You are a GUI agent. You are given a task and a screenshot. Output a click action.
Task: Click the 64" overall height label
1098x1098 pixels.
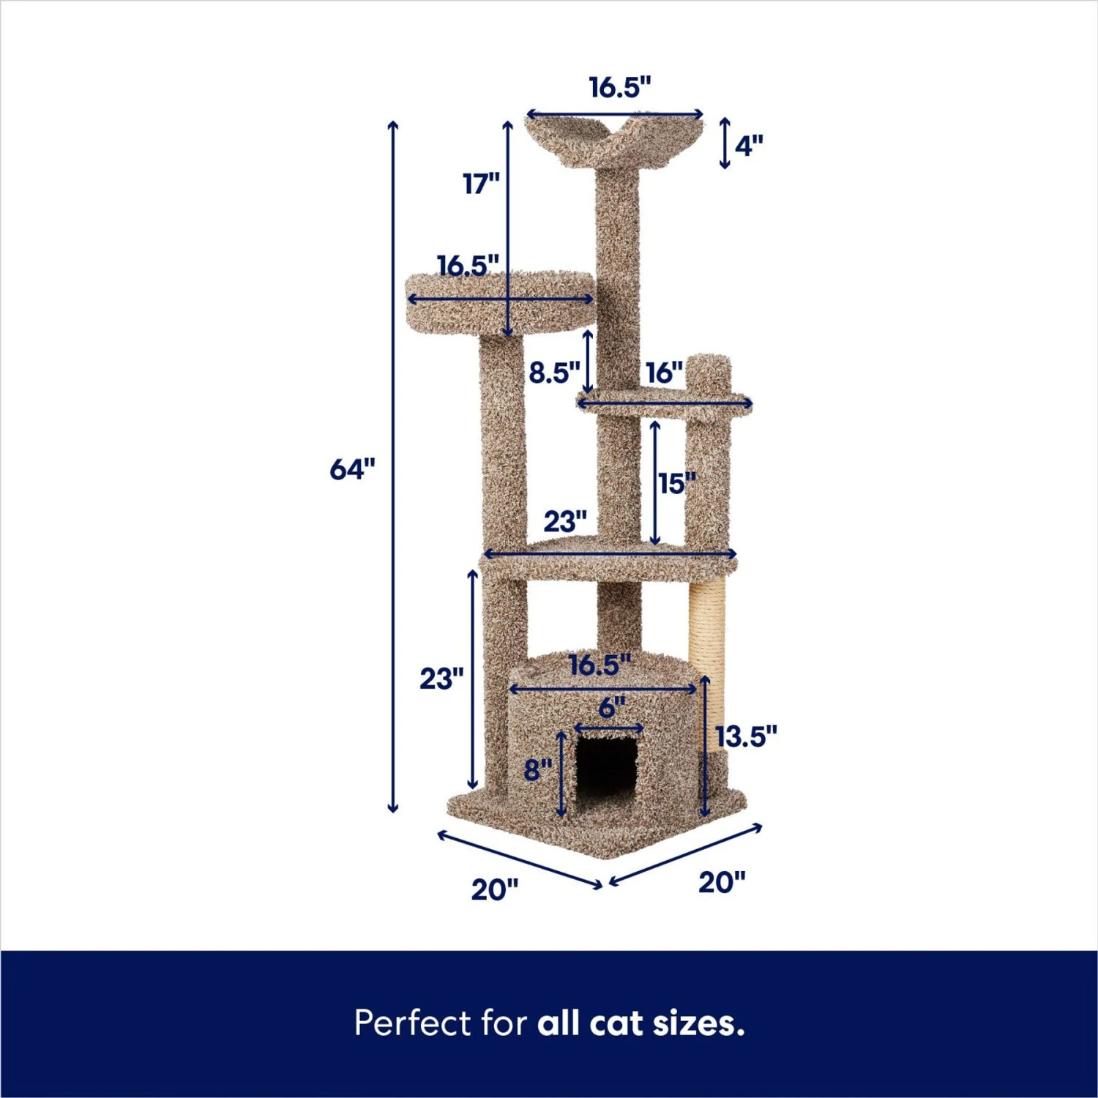[352, 468]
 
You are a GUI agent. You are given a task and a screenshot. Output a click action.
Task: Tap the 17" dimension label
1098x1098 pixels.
[481, 183]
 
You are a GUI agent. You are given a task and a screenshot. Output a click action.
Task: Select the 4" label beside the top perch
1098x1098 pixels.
[748, 146]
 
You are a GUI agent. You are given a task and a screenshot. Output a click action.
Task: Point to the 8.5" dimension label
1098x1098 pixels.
[554, 373]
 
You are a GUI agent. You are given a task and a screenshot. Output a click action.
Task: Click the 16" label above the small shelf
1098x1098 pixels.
[664, 373]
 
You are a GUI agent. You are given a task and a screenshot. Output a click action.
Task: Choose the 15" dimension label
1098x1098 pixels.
[676, 483]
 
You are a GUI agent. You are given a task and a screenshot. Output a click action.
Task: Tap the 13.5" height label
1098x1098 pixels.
[746, 736]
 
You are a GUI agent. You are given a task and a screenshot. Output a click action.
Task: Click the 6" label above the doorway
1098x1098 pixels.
[611, 707]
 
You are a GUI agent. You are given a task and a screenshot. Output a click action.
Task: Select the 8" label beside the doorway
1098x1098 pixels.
[538, 769]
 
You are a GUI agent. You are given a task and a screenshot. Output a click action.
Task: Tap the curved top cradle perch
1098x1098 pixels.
[613, 139]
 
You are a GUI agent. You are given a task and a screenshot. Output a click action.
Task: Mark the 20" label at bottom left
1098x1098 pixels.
[495, 889]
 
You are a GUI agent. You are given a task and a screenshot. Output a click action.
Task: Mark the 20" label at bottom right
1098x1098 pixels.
[722, 882]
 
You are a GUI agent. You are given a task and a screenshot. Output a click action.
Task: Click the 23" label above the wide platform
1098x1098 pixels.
[565, 521]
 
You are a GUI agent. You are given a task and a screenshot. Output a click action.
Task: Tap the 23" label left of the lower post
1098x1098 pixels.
[441, 679]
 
